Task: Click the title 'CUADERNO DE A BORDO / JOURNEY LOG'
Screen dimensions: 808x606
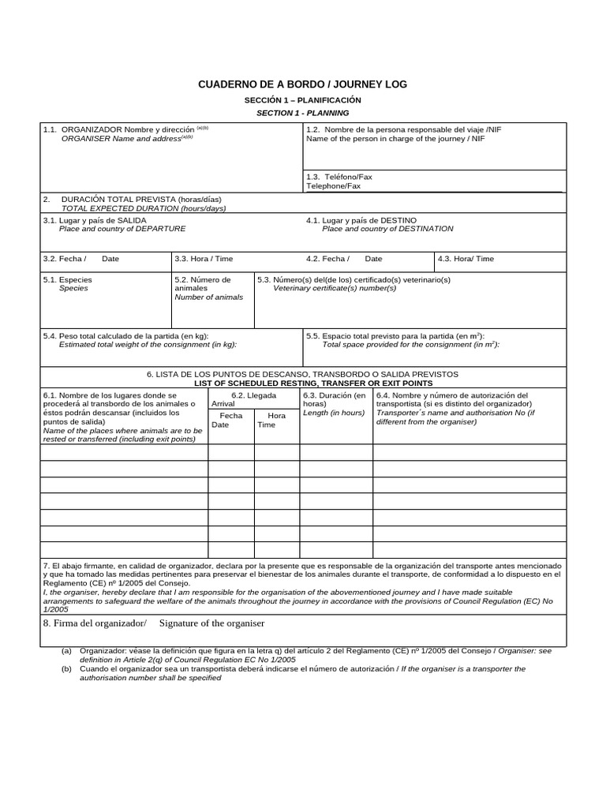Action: point(302,84)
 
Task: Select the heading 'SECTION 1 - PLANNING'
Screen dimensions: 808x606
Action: point(302,113)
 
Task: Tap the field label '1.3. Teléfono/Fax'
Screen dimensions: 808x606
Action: point(339,177)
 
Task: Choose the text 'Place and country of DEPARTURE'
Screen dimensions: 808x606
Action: point(122,229)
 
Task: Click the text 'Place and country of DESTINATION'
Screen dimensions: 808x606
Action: point(387,229)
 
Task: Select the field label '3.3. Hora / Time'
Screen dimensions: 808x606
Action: point(204,259)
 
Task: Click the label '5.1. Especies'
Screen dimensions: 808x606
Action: point(68,279)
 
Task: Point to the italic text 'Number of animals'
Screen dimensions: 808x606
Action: point(209,297)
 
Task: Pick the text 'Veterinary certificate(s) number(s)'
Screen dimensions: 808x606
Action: point(335,288)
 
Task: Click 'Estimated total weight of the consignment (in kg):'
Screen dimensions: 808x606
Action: point(148,345)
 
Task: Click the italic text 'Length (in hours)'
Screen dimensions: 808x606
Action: point(334,413)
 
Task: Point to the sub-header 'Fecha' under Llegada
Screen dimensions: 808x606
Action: point(231,415)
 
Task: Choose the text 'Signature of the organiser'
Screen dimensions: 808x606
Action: point(211,623)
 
